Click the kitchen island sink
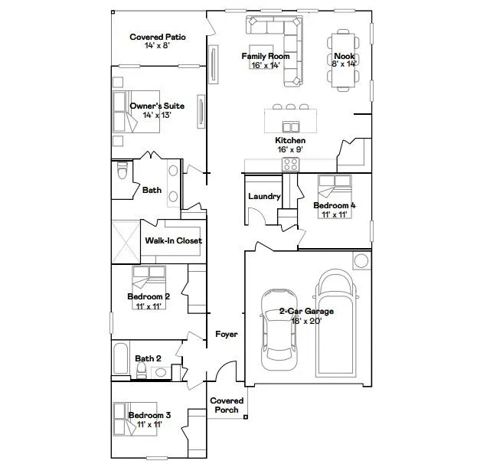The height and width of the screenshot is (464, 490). tap(290, 126)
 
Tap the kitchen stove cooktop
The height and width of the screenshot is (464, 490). tap(291, 164)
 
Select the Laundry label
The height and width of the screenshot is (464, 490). tap(264, 197)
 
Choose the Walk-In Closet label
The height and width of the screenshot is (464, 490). tap(174, 240)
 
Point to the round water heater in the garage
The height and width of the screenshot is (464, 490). tap(361, 261)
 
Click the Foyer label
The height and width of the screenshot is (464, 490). tap(226, 335)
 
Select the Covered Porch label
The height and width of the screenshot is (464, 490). tap(227, 405)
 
